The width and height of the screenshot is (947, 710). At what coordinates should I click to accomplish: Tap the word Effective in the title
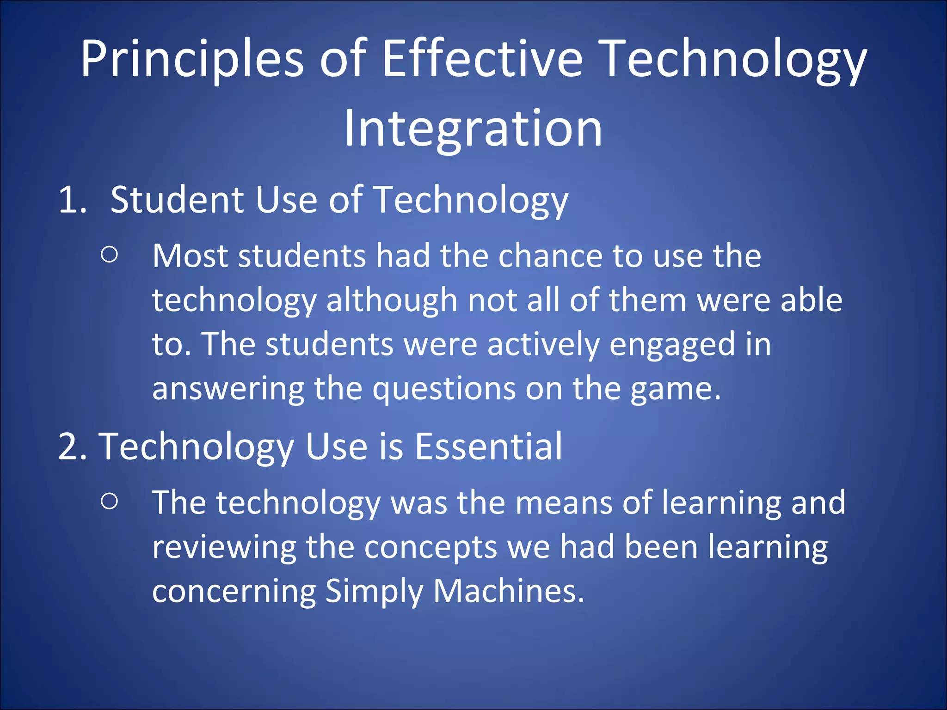[x=482, y=59]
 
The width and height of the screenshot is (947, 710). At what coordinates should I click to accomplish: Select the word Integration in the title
[x=473, y=129]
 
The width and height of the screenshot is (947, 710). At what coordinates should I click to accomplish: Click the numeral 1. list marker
[x=73, y=200]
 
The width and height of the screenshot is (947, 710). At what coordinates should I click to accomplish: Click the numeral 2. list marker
[x=73, y=447]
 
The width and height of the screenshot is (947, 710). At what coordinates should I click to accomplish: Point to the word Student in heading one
[x=177, y=200]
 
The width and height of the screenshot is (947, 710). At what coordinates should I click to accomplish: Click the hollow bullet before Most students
[x=109, y=255]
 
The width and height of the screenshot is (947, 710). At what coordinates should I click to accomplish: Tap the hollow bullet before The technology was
[x=109, y=501]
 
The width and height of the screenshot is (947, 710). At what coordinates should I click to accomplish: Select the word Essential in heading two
[x=488, y=447]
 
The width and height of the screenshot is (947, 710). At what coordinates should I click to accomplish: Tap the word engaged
[x=672, y=345]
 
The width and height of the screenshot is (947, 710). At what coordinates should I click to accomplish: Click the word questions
[x=444, y=389]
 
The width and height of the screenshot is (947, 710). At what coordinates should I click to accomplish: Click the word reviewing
[x=224, y=547]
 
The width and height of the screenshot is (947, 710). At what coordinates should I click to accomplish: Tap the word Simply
[x=373, y=592]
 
